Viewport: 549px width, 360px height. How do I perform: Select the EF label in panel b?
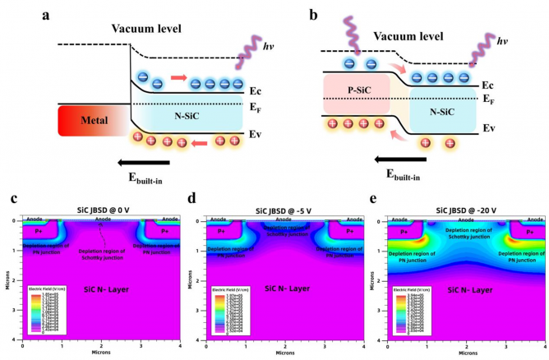491,101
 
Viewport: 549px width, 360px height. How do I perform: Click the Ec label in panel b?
491,85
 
